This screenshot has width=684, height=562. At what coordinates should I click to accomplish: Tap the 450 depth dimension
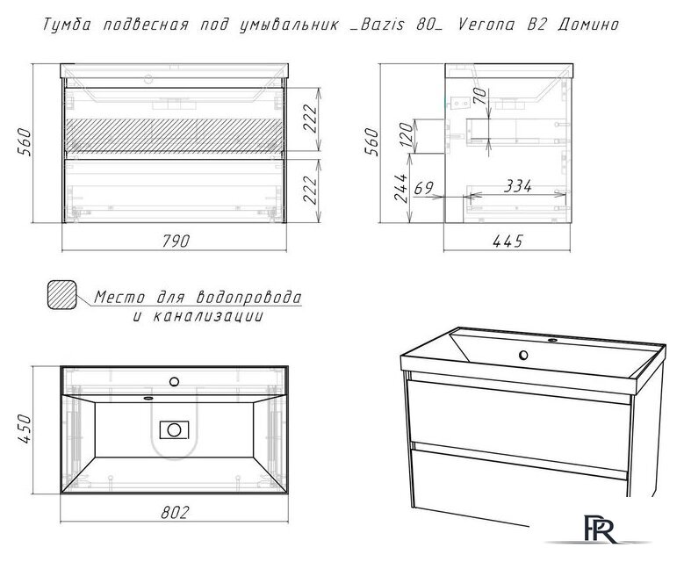(25, 429)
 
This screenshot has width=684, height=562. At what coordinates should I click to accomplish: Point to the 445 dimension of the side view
(509, 241)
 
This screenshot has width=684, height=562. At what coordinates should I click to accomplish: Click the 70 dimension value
(481, 96)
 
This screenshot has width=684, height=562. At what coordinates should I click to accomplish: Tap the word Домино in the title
(587, 25)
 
